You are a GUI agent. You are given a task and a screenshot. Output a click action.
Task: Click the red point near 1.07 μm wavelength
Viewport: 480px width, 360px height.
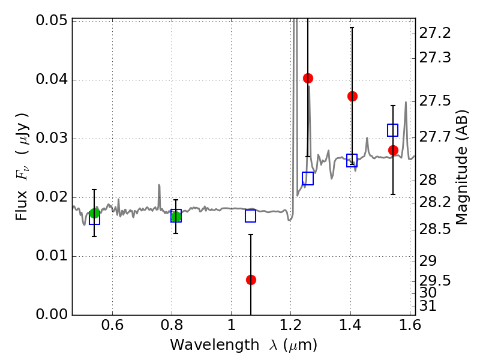click(251, 280)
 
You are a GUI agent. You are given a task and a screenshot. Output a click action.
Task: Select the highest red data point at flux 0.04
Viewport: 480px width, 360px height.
click(308, 78)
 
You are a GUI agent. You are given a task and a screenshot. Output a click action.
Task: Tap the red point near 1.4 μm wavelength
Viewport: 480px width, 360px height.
click(352, 96)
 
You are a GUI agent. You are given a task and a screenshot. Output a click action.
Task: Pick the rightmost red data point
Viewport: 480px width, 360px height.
click(393, 150)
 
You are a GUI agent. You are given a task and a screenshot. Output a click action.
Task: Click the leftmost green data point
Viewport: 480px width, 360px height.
click(94, 213)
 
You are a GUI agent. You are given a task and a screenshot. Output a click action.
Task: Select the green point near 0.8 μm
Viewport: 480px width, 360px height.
click(176, 217)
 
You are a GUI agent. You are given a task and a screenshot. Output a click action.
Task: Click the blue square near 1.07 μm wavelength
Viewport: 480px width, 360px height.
click(251, 215)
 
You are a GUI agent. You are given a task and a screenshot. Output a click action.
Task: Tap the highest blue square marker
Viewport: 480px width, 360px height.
click(393, 130)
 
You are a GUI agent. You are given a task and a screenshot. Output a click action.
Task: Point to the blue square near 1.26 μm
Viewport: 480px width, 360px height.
click(308, 178)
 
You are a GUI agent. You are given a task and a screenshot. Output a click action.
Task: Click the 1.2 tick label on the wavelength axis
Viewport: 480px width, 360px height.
click(291, 327)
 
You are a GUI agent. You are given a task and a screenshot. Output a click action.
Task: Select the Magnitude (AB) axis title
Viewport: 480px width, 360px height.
click(461, 167)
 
